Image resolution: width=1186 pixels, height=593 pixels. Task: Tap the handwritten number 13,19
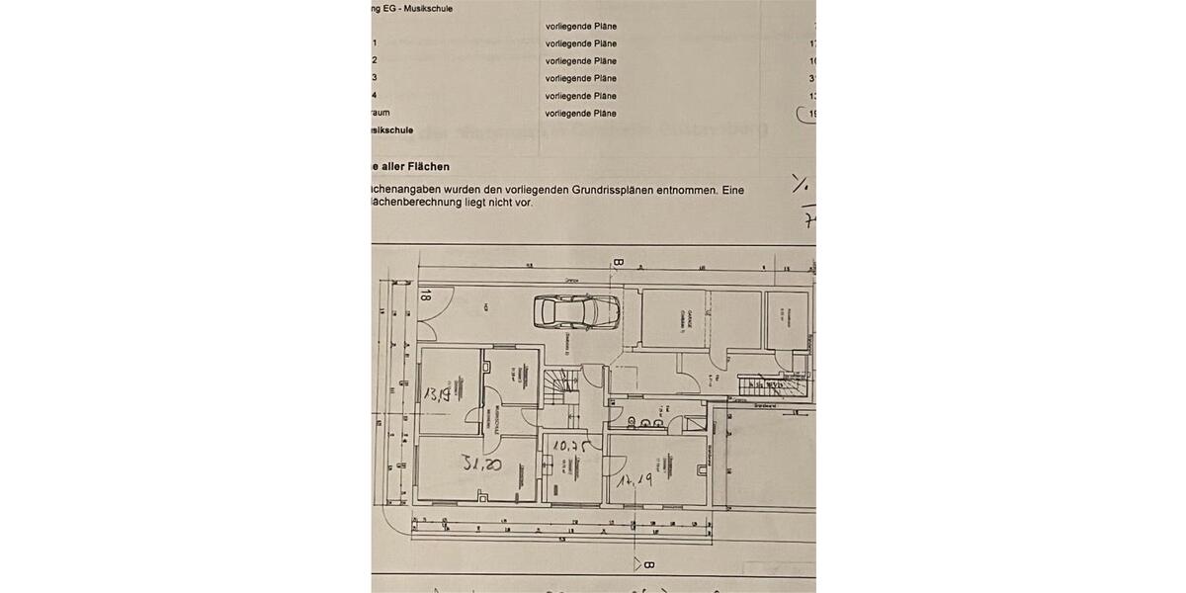point(437,394)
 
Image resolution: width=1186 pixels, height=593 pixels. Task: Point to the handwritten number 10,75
point(571,447)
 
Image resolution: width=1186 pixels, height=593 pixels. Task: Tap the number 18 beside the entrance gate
point(425,293)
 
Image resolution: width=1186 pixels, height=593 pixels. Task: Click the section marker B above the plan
point(618,263)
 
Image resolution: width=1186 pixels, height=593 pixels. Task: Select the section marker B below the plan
point(648,565)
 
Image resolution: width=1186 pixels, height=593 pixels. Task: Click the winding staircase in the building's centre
point(564,383)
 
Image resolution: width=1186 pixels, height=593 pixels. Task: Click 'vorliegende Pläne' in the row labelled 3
point(580,78)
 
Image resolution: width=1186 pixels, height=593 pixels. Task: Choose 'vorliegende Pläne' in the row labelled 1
point(580,43)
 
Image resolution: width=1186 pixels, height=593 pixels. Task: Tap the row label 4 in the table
point(375,96)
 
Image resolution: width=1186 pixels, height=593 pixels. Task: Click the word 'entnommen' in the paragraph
point(689,189)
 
